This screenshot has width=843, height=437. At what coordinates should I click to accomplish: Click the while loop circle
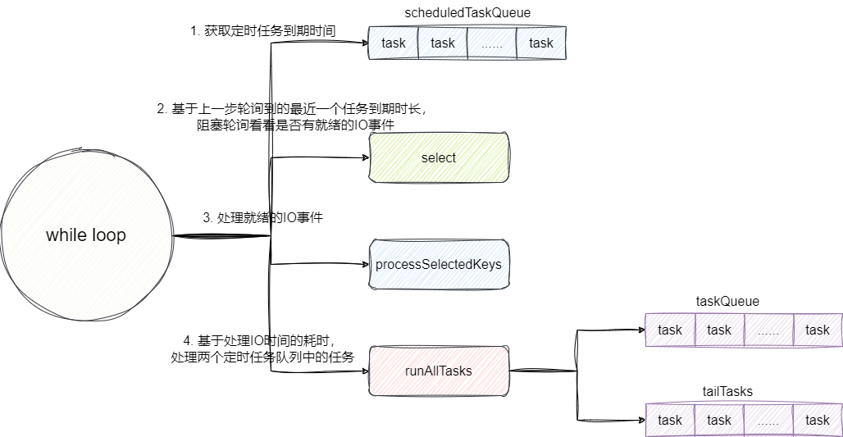click(86, 235)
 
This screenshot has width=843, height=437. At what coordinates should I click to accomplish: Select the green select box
click(439, 157)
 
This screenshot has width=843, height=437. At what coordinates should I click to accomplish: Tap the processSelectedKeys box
click(439, 264)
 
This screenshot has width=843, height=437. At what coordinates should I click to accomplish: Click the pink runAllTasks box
click(439, 371)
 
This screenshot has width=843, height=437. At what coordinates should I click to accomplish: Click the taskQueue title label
click(727, 301)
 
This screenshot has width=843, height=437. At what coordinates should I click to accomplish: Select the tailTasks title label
click(727, 391)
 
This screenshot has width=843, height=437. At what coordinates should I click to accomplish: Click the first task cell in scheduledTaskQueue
click(394, 43)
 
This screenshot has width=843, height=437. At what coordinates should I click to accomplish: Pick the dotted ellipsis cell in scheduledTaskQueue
click(492, 43)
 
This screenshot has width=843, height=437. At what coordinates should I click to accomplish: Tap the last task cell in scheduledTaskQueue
click(541, 43)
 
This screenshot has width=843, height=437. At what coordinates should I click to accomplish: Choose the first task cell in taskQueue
click(670, 330)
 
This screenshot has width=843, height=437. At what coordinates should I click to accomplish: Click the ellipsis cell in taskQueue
click(768, 330)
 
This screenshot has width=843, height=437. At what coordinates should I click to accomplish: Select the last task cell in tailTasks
click(818, 420)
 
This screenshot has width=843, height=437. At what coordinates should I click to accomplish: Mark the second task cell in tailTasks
click(719, 420)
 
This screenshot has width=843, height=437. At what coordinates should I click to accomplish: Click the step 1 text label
click(262, 31)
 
